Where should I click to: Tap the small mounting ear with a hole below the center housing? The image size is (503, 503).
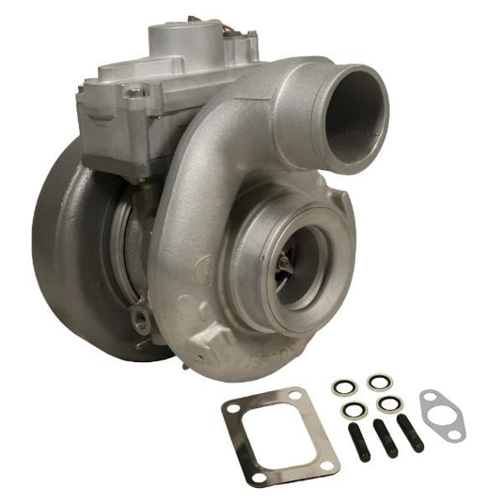(142, 321)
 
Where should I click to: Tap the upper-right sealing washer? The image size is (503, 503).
(378, 382)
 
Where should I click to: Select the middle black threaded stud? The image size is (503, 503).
(386, 437)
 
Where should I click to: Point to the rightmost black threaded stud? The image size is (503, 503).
(411, 432)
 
